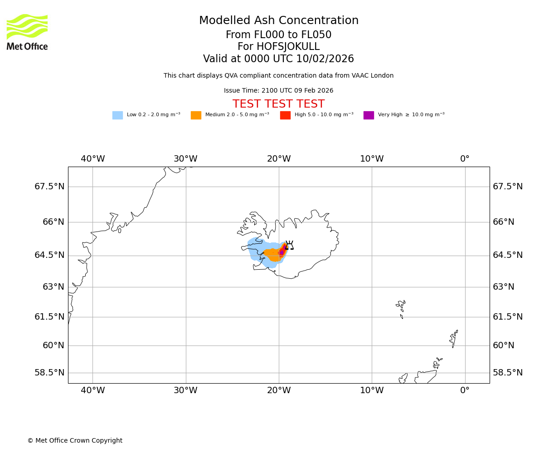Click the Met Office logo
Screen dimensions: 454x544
(x=27, y=32)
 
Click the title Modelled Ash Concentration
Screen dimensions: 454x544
(x=279, y=21)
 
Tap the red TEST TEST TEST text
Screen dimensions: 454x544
(x=278, y=104)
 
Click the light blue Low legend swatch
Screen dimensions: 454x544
(x=117, y=115)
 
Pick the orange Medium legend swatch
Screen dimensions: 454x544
(x=196, y=115)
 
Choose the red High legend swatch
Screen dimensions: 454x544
(x=285, y=115)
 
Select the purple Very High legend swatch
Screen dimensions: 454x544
(x=369, y=115)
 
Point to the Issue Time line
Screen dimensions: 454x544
(x=278, y=91)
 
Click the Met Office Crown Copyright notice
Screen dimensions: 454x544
(x=75, y=440)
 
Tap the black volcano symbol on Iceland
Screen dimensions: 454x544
(x=289, y=246)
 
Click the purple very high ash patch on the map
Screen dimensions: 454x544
(x=282, y=252)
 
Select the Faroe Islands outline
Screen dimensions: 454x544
(x=401, y=307)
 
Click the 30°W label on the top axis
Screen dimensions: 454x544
(x=185, y=159)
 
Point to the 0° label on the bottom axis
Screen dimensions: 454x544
(x=465, y=390)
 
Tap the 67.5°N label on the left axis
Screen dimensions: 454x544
(x=49, y=187)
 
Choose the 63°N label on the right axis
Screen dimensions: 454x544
(x=504, y=287)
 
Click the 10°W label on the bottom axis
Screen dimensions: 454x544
(x=372, y=390)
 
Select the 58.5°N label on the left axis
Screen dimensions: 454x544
(x=49, y=373)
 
